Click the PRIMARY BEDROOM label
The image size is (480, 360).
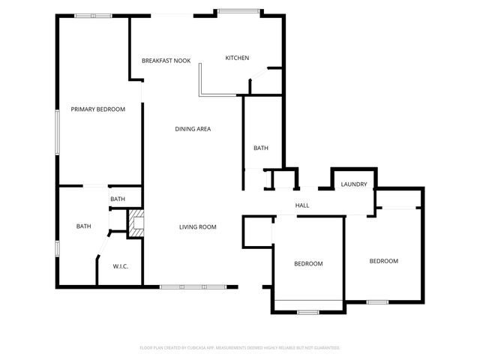point(97,109)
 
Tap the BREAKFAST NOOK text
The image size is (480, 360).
point(166,60)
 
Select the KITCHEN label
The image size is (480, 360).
point(237,58)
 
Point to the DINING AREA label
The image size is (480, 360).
point(193,129)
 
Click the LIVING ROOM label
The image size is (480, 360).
point(197,227)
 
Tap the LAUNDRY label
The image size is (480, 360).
point(353,184)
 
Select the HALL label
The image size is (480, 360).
point(302,205)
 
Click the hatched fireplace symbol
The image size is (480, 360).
point(135,224)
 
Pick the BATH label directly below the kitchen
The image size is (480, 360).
point(260,148)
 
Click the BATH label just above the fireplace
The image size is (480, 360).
point(118,199)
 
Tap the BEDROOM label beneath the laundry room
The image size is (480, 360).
point(383,261)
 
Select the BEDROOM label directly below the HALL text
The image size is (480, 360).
point(308,264)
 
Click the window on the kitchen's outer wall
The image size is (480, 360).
point(239,11)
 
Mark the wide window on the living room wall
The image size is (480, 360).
point(192,286)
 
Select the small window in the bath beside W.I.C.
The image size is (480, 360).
point(57,248)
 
